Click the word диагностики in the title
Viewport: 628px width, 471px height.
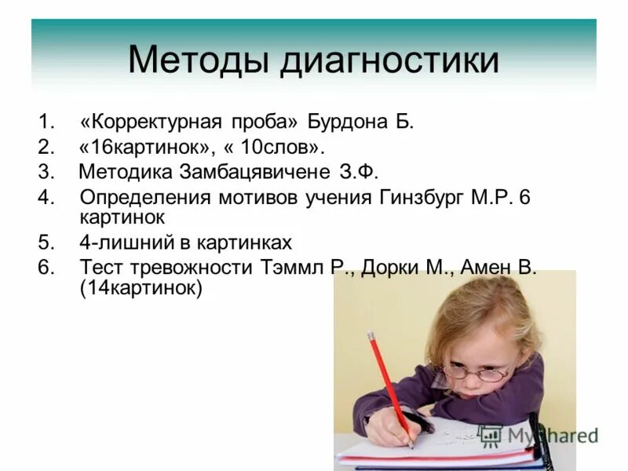tap(389, 61)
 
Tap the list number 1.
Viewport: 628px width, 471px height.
tap(46, 122)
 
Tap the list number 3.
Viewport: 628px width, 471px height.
tap(46, 172)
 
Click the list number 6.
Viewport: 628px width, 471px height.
tap(46, 268)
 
